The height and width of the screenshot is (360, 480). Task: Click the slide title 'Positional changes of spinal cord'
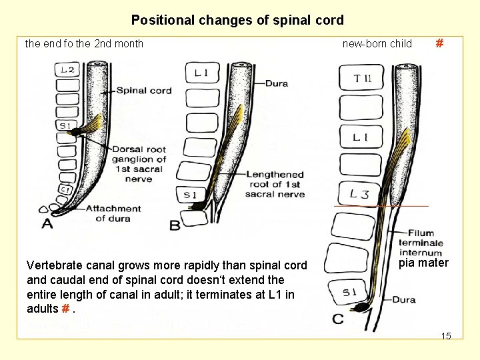point(237,20)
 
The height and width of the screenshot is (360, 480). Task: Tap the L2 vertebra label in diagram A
point(67,70)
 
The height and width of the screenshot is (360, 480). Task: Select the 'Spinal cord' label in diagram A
point(144,91)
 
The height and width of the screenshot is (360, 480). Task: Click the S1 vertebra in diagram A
point(65,126)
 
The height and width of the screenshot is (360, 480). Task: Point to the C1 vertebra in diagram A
point(66,189)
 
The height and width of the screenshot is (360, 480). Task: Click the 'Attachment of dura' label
point(113,213)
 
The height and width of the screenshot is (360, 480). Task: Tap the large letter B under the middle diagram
point(175,225)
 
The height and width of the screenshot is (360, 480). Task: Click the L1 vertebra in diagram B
point(202,73)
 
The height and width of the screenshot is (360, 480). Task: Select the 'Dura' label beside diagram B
point(276,84)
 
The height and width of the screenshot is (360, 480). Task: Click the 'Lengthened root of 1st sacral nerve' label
point(275,185)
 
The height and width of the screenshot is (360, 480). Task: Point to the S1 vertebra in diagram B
point(190,195)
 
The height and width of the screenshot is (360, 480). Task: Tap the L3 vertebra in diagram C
point(359,194)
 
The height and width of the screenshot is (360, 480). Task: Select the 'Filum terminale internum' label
point(421,243)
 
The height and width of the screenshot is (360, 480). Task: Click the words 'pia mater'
point(423,263)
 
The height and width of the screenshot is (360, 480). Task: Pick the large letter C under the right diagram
point(338,319)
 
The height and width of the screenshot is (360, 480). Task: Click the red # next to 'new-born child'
point(439,44)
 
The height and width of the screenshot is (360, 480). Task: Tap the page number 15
point(446,336)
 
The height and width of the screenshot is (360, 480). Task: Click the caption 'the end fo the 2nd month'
point(84,44)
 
